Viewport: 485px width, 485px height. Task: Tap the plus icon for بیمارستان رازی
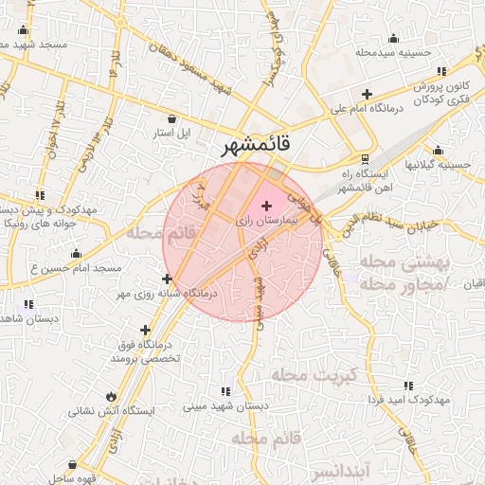(x=265, y=206)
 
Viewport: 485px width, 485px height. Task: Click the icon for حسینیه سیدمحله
(x=393, y=38)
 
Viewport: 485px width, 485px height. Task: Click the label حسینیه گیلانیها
(x=437, y=164)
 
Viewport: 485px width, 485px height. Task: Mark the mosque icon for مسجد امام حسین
(x=76, y=253)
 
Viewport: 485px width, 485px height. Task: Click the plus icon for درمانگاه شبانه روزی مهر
(x=168, y=278)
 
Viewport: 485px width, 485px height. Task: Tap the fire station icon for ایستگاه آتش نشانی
(x=112, y=397)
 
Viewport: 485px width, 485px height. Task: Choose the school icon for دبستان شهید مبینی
(x=225, y=390)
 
